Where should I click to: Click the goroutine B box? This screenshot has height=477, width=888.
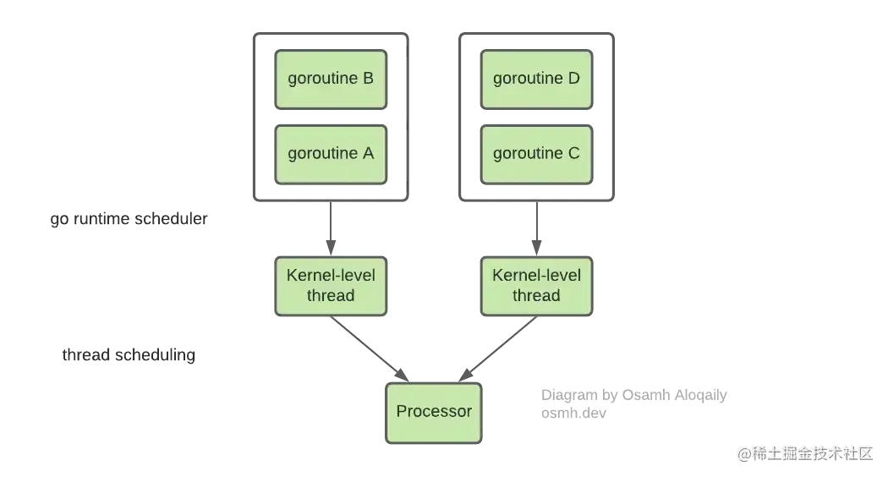pos(331,79)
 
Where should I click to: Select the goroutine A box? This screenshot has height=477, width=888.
pos(331,154)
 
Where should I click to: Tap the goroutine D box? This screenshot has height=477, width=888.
pos(536,79)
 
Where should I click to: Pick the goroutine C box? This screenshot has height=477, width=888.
pos(536,154)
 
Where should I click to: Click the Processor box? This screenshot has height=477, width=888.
pos(434,412)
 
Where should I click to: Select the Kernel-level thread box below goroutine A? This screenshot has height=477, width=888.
pos(331,285)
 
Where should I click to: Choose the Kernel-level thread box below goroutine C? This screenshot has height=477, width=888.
pos(536,285)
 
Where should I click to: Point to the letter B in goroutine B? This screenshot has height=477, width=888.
pos(367,79)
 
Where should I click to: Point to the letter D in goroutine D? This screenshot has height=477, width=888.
pos(573,79)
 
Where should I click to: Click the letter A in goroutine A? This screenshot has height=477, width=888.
pos(367,154)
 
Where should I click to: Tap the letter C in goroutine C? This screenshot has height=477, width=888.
pos(573,154)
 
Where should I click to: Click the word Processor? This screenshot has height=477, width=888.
pos(434,412)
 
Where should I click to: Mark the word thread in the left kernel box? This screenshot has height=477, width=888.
pos(331,296)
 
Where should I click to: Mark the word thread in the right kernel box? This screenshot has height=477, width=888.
pos(536,296)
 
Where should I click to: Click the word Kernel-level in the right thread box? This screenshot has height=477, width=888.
pos(536,276)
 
